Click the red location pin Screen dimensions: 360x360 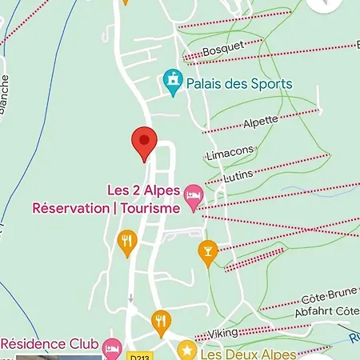[143, 142]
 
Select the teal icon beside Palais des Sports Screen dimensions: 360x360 [171, 80]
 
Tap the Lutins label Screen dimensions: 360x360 [239, 172]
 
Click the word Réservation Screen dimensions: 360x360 [70, 208]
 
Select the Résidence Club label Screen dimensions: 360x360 [48, 344]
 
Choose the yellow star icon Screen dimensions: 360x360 [187, 350]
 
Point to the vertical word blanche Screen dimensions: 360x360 [6, 94]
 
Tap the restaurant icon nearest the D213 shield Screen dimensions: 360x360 [161, 322]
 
